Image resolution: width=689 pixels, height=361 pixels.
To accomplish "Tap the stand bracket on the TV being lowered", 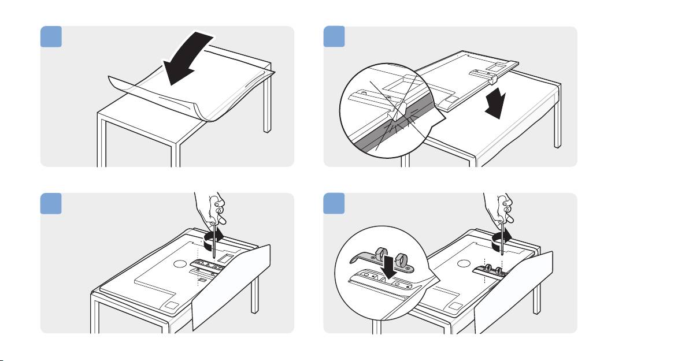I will [484, 74].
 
